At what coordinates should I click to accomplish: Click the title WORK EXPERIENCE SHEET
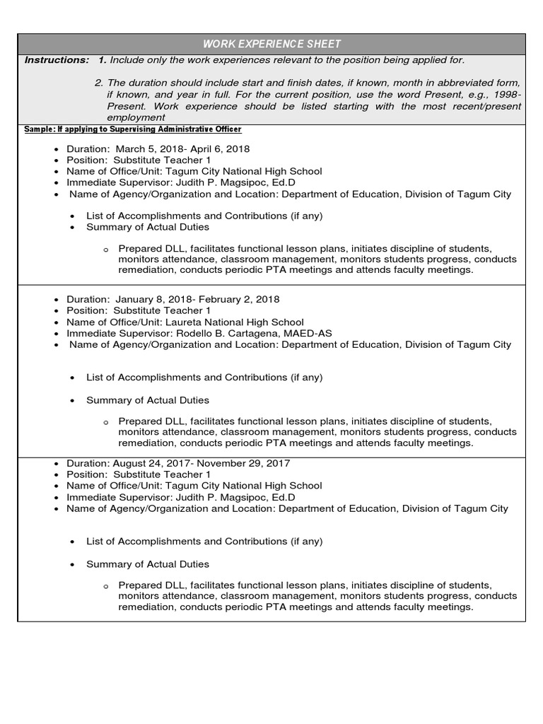(271, 44)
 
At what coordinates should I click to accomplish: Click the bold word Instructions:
(57, 60)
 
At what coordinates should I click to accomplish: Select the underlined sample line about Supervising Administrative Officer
(133, 129)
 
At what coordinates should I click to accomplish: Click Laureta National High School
(234, 322)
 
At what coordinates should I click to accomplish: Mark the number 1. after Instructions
(103, 60)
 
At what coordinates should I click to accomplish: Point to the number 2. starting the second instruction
(99, 83)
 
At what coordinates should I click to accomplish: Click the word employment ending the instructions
(136, 117)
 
